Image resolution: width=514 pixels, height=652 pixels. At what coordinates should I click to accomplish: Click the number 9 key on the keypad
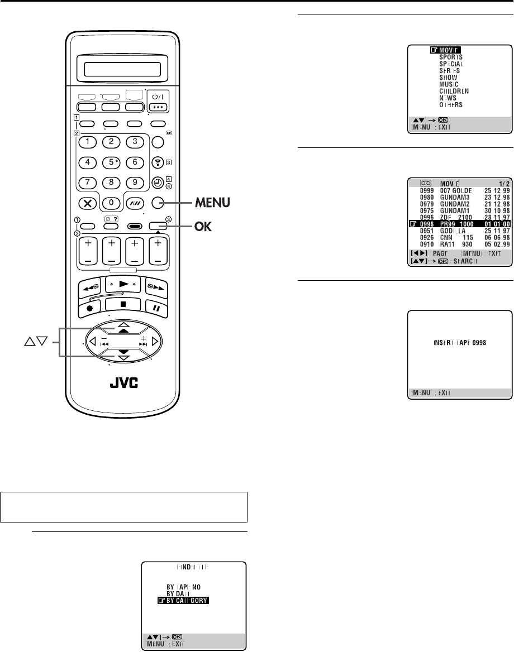tap(135, 183)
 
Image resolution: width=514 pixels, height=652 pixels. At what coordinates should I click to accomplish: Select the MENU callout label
tap(210, 202)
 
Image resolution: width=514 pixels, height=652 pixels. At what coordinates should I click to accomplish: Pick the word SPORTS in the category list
tap(450, 56)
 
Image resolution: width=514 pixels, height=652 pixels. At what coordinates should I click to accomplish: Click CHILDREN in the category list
tap(453, 90)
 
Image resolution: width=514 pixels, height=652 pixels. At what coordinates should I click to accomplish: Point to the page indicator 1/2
tap(503, 183)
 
